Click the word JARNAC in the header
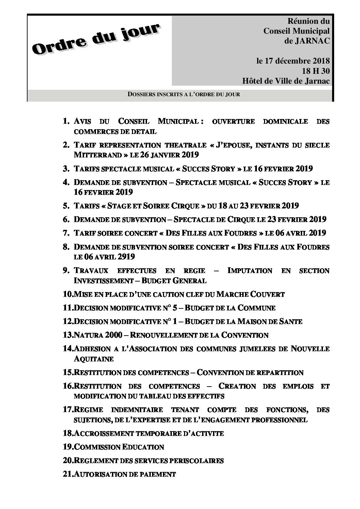pyautogui.click(x=313, y=41)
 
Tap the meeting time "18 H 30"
pyautogui.click(x=315, y=71)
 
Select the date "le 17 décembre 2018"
pyautogui.click(x=293, y=61)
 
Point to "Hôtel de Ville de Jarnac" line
pyautogui.click(x=286, y=81)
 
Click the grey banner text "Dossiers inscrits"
pyautogui.click(x=184, y=94)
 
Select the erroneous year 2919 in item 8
pyautogui.click(x=125, y=257)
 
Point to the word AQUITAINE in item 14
pyautogui.click(x=94, y=359)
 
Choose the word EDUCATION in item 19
pyautogui.click(x=143, y=447)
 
